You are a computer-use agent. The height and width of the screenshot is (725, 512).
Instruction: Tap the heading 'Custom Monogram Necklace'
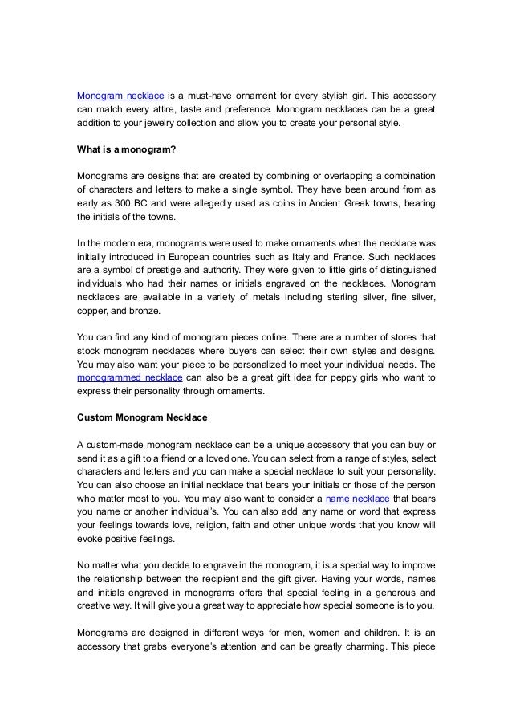(143, 418)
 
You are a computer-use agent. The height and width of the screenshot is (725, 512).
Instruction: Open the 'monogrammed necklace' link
(129, 377)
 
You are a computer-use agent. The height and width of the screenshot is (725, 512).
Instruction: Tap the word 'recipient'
(230, 579)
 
